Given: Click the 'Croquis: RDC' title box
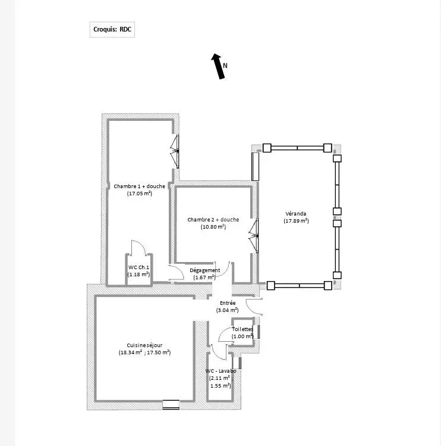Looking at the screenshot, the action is click(112, 29).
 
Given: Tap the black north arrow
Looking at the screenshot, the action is click(218, 66).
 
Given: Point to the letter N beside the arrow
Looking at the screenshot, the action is click(225, 66).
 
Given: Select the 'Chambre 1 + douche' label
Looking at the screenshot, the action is click(139, 186).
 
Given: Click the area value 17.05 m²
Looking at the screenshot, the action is click(140, 194).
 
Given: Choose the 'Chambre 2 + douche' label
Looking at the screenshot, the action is click(213, 220).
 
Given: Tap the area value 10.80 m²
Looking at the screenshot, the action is click(213, 227).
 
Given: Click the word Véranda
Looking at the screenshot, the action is click(296, 214).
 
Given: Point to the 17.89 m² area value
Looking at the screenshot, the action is click(296, 221).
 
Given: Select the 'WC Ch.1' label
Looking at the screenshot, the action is click(138, 267).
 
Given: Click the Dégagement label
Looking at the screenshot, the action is click(204, 270).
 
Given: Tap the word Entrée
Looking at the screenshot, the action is click(228, 303).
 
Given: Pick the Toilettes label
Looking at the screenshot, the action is click(242, 329).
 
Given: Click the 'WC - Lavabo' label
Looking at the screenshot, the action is click(220, 371).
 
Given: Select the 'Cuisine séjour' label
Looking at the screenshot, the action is click(144, 345).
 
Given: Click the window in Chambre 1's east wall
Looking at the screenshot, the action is click(175, 151).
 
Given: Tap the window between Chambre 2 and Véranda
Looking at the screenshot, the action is click(254, 236).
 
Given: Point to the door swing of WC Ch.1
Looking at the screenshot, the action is click(138, 247).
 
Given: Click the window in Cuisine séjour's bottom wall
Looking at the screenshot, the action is click(171, 404).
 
